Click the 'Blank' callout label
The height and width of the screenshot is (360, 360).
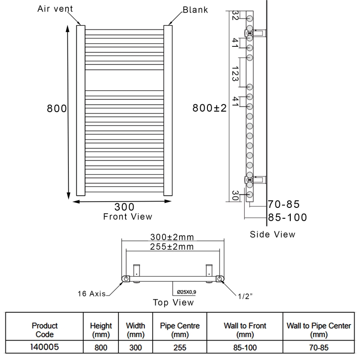(195, 9)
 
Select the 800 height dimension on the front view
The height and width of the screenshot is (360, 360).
(57, 109)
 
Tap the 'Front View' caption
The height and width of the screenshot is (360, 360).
(128, 216)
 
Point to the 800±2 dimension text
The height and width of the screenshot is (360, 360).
(209, 108)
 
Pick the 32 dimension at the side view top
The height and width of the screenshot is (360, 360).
(235, 19)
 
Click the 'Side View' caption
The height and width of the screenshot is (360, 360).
(273, 234)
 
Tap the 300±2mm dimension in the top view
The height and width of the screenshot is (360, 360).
(172, 237)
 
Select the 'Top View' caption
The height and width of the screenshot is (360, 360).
(173, 302)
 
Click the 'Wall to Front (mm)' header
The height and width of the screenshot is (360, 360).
(245, 329)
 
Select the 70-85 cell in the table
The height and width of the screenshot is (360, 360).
(319, 347)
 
